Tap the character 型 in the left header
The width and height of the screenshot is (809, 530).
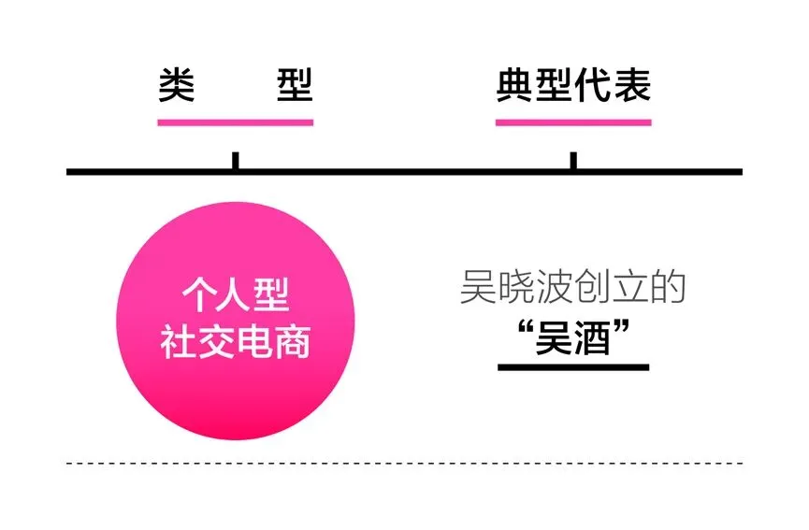coord(295,87)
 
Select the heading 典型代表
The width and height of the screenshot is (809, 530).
coord(572,87)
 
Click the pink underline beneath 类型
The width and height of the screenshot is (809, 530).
coord(235,122)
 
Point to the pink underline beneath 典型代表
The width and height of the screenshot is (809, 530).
coord(572,122)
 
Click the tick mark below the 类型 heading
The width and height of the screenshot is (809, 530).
coord(235,161)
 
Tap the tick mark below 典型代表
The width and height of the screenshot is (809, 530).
coord(572,161)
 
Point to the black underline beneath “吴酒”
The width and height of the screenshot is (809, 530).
coord(572,366)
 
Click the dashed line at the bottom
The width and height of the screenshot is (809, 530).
coord(404,463)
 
